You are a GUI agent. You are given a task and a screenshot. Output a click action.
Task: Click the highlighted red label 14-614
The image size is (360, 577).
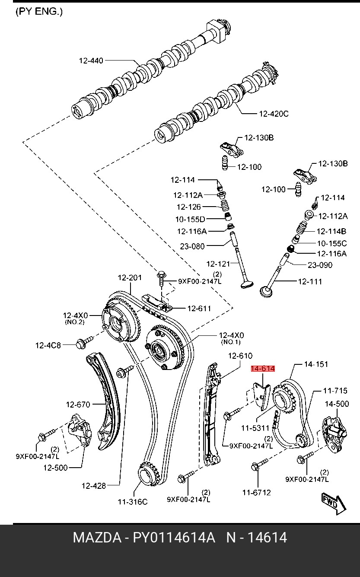[x=263, y=369]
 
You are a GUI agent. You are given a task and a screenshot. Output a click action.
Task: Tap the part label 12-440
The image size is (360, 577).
[x=91, y=61]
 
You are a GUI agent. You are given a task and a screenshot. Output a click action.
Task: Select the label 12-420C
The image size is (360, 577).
[x=274, y=114]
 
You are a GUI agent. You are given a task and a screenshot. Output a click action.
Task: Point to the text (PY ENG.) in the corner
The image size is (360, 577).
[x=39, y=12]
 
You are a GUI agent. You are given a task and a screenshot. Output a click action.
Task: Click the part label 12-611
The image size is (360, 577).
[x=199, y=309]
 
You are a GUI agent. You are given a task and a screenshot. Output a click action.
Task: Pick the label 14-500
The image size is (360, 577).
[x=337, y=404]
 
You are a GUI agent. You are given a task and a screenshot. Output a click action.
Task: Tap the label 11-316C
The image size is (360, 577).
[x=133, y=502]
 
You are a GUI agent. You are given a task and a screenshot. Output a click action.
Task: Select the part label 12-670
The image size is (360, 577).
[x=78, y=405]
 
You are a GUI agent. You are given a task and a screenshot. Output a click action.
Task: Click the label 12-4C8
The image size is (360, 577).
[x=48, y=345]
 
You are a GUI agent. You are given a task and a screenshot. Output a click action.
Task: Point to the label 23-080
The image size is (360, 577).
[x=192, y=246]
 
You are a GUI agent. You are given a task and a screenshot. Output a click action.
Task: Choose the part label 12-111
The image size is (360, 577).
[x=310, y=282]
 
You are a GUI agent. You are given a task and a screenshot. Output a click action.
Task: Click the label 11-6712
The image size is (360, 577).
[x=257, y=492]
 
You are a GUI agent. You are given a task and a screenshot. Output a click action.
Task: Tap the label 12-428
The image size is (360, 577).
[x=94, y=486]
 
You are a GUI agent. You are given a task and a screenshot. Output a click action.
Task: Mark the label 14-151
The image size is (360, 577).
[x=316, y=364]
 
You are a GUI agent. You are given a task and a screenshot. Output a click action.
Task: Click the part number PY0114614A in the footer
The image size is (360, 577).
[x=174, y=538]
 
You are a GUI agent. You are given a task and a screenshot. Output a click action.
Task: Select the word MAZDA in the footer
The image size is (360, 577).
[x=97, y=538]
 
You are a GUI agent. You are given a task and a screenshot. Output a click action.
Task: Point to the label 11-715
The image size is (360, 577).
[x=335, y=391]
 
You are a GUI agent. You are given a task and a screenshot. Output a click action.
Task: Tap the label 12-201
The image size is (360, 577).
[x=130, y=278]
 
